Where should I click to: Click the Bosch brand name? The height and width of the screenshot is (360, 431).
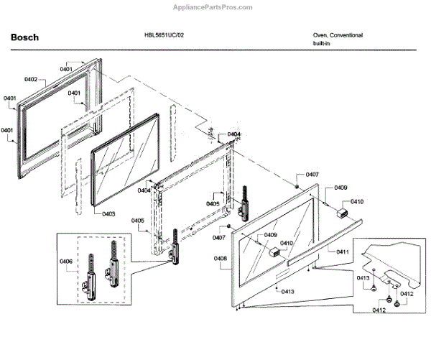point(24,37)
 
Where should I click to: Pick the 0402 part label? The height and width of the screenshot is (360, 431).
point(31,79)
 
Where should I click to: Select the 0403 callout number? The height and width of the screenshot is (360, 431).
point(108,213)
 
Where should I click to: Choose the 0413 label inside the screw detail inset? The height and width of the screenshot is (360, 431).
point(363,277)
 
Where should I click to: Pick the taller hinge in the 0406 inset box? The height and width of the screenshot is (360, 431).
point(111,262)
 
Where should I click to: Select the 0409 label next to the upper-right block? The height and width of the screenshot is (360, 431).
point(340,189)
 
